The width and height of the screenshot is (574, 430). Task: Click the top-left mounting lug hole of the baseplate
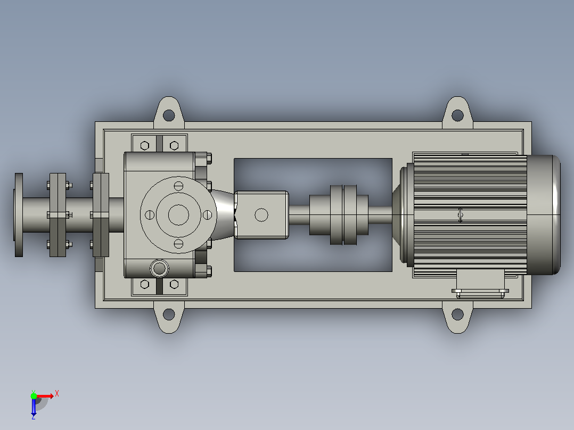(x=168, y=115)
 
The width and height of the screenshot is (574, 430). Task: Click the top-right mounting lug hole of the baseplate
(x=457, y=115)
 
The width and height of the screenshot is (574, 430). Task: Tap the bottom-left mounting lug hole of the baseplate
(x=168, y=314)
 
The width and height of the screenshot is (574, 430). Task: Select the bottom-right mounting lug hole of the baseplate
(x=457, y=314)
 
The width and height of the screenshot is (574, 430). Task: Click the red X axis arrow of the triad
(x=45, y=396)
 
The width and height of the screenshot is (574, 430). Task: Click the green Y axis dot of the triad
(x=34, y=396)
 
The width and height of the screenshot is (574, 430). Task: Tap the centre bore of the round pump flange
(x=178, y=215)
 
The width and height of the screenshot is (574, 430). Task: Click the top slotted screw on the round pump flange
(x=178, y=186)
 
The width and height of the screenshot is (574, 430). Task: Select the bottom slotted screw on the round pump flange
(x=178, y=244)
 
